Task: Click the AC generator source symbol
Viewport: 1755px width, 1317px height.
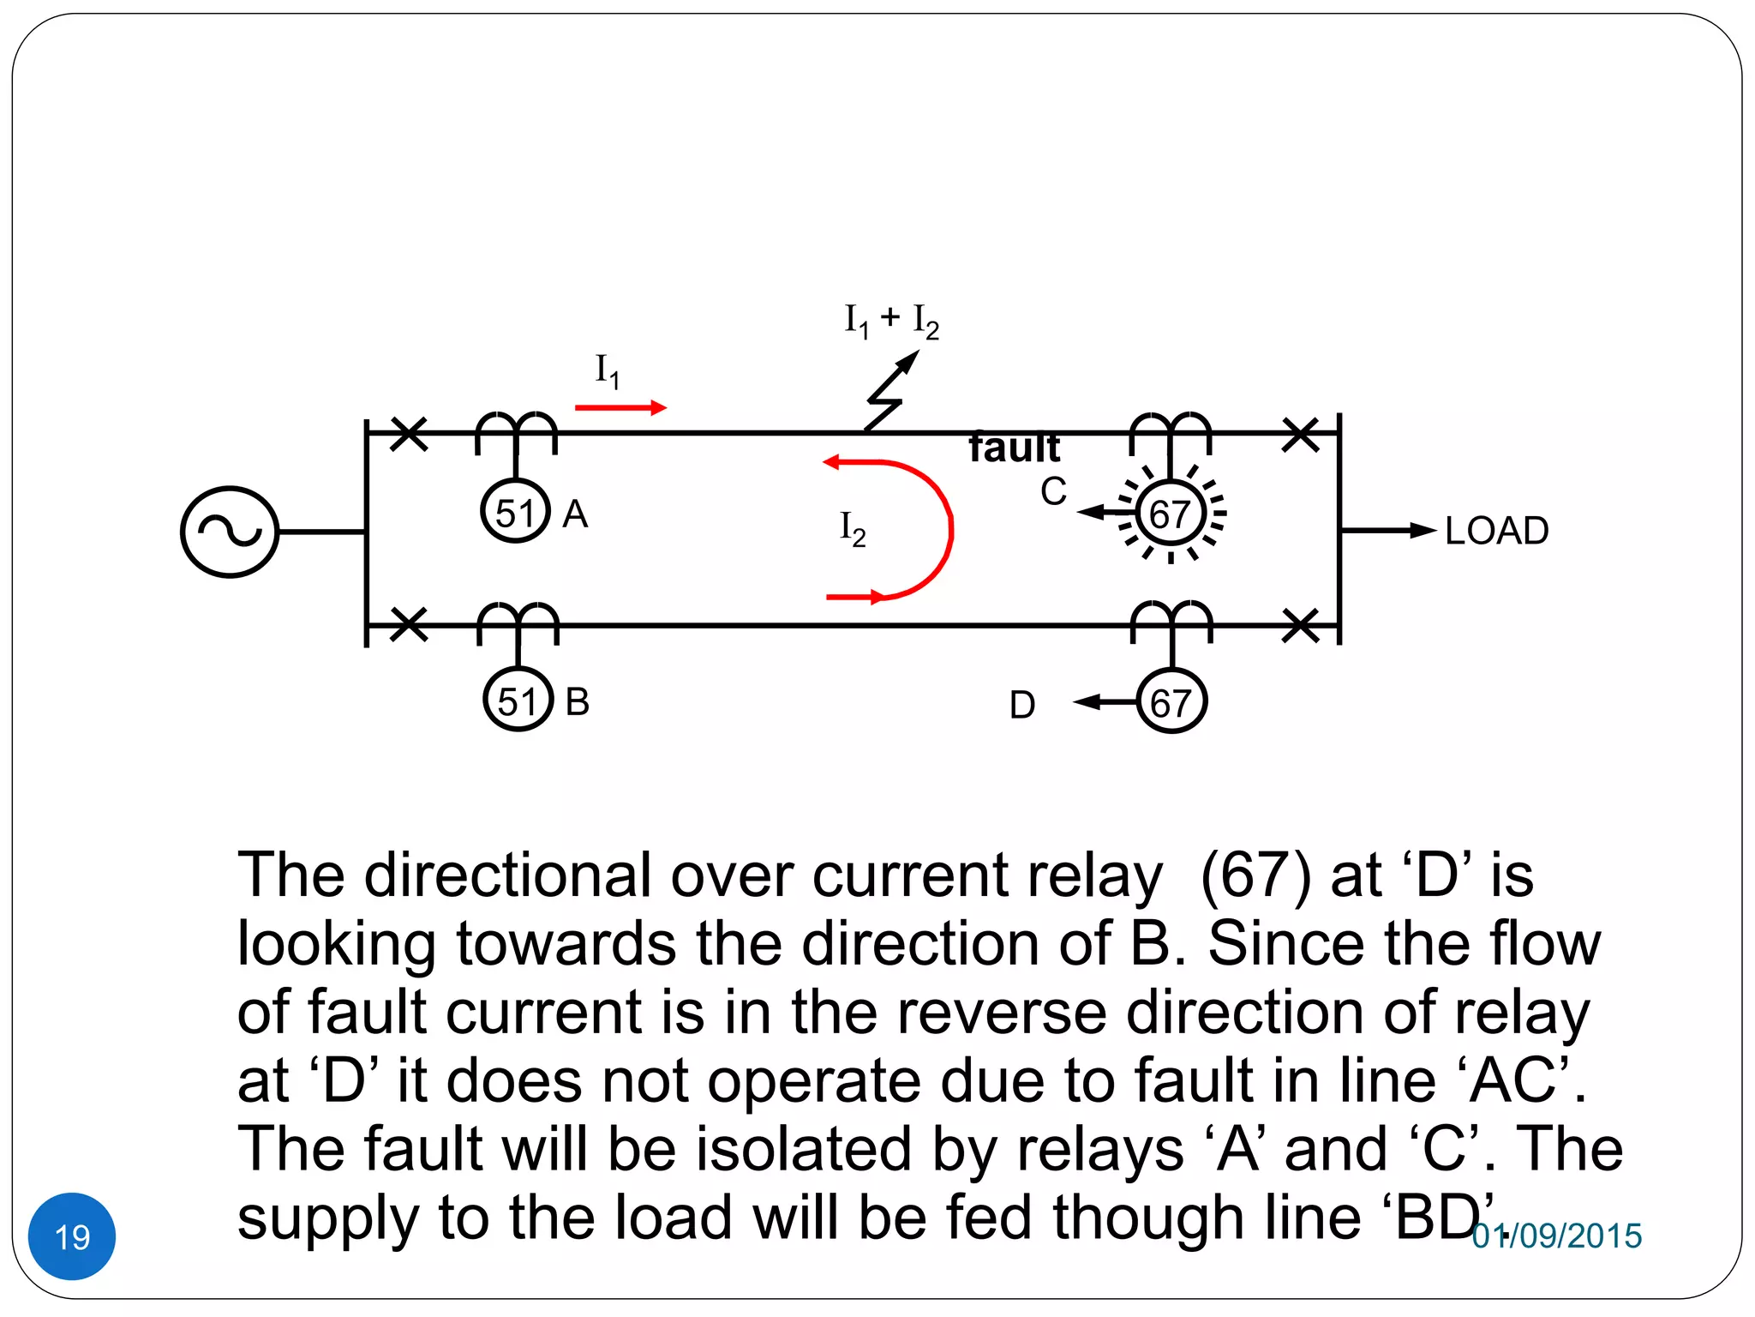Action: (230, 532)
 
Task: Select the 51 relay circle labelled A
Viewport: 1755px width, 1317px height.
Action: (515, 512)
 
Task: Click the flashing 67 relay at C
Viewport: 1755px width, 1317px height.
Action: (1171, 514)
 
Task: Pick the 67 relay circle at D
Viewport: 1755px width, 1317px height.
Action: (1171, 702)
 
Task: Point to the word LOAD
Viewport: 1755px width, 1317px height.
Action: (1496, 531)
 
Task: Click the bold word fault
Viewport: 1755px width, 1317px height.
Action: (1014, 448)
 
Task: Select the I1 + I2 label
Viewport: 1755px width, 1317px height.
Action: (891, 321)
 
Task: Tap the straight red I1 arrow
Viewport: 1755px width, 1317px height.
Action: (620, 407)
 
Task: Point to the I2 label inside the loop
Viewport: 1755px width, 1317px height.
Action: (853, 528)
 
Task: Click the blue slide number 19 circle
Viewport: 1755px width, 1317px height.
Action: (72, 1236)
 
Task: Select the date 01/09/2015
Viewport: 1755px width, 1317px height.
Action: (1556, 1236)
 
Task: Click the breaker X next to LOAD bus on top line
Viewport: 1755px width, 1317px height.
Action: (1301, 434)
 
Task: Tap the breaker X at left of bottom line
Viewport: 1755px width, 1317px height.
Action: (408, 624)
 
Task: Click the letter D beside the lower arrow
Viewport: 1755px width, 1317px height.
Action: (1022, 705)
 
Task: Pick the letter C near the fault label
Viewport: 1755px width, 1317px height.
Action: (1053, 492)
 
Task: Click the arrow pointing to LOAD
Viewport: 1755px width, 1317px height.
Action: (1388, 531)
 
